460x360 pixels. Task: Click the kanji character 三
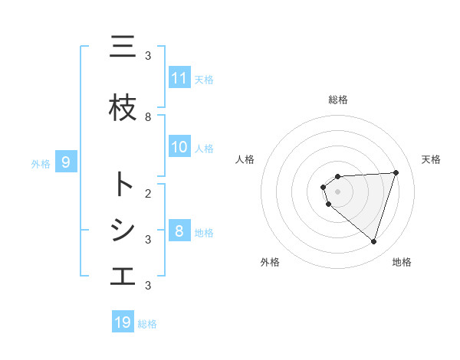click(123, 48)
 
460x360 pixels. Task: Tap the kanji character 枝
click(123, 109)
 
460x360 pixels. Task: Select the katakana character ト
click(123, 185)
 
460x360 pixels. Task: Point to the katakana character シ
click(123, 231)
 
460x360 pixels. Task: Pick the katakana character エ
click(123, 277)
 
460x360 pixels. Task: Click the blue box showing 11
click(179, 78)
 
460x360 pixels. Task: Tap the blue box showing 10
click(179, 147)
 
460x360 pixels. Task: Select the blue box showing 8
click(179, 231)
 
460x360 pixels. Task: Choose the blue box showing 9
click(66, 162)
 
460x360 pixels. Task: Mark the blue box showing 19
click(123, 322)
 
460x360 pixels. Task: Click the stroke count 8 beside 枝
click(148, 117)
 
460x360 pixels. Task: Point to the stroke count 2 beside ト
click(148, 193)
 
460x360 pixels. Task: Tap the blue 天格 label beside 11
click(204, 79)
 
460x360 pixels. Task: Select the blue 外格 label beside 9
click(41, 163)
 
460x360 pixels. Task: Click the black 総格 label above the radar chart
click(338, 100)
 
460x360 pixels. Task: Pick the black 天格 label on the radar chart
click(432, 159)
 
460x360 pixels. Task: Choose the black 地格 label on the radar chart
click(402, 262)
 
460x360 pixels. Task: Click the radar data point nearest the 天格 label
click(396, 172)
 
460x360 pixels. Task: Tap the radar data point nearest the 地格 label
click(373, 242)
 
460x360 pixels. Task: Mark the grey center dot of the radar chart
click(338, 191)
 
